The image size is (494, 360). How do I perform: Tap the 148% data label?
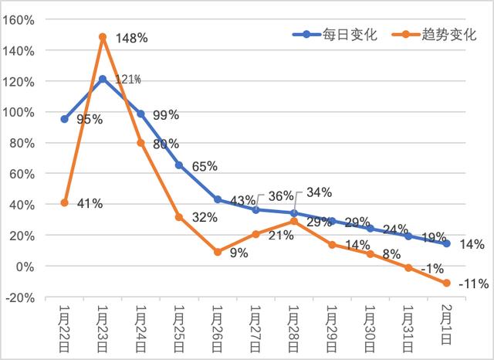coord(132,38)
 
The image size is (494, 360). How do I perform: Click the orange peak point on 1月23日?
coord(103,36)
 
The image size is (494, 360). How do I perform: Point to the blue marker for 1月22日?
coord(64,119)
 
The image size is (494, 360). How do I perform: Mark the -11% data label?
coord(472,284)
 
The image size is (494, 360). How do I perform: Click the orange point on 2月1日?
coord(446,283)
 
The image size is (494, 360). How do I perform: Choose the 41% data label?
coord(90,203)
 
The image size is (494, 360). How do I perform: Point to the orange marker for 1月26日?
coord(218,252)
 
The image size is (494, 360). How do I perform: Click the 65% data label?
coord(205,166)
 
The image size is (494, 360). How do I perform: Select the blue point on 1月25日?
coord(179,165)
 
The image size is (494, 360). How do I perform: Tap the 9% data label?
coord(239,253)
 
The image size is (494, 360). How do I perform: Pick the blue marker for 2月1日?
coord(446,243)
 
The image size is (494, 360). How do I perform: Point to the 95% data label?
coord(90,120)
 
